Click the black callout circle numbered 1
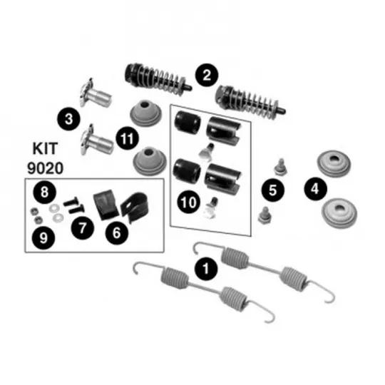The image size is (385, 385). (206, 268)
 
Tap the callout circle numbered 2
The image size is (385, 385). (207, 75)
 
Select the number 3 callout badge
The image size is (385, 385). (68, 119)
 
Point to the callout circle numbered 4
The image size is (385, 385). (315, 188)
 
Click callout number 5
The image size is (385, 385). (273, 190)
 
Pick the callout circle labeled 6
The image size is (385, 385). (117, 232)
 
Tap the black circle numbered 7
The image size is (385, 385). (82, 228)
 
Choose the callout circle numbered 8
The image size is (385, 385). (44, 192)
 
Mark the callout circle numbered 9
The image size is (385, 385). (43, 238)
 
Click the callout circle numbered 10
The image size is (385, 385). (188, 202)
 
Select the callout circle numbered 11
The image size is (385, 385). (127, 139)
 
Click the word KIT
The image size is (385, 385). (45, 148)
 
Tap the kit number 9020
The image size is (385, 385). (45, 168)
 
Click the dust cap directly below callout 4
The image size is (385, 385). (339, 213)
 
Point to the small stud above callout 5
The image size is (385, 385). (280, 167)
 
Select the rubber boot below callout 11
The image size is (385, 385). (150, 161)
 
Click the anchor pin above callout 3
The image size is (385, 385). (96, 93)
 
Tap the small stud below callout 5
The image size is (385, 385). (265, 215)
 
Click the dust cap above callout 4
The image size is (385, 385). (334, 164)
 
